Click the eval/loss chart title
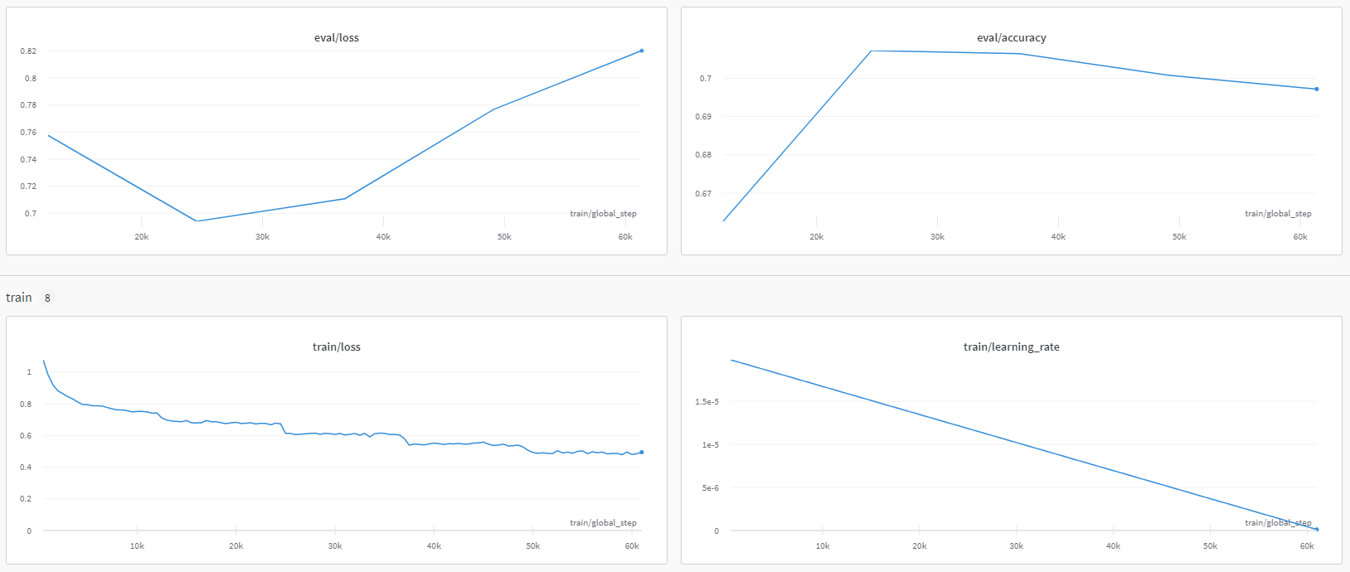pyautogui.click(x=336, y=38)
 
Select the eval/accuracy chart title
pyautogui.click(x=1011, y=38)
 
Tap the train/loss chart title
pyautogui.click(x=336, y=347)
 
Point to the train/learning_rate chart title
pyautogui.click(x=1011, y=347)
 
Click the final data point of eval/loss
pyautogui.click(x=642, y=51)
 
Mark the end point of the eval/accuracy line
pyautogui.click(x=1317, y=89)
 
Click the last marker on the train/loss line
pyautogui.click(x=642, y=452)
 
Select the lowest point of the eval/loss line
pyautogui.click(x=197, y=221)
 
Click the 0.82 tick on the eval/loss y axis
pyautogui.click(x=28, y=51)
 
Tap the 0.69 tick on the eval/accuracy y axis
pyautogui.click(x=703, y=117)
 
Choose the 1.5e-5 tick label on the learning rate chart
pyautogui.click(x=707, y=402)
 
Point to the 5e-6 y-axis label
pyautogui.click(x=710, y=488)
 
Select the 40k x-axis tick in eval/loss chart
pyautogui.click(x=383, y=237)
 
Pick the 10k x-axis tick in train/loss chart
pyautogui.click(x=137, y=546)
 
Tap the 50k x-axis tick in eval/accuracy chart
pyautogui.click(x=1179, y=237)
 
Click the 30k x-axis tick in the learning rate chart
pyautogui.click(x=1016, y=546)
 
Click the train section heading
pyautogui.click(x=19, y=298)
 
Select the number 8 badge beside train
pyautogui.click(x=47, y=298)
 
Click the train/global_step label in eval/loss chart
pyautogui.click(x=603, y=214)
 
